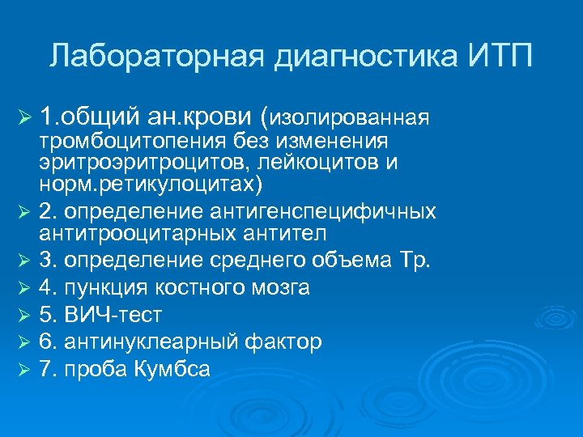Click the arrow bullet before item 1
click(23, 118)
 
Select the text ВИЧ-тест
click(105, 315)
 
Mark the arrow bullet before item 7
click(23, 369)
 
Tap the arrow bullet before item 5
click(23, 315)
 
